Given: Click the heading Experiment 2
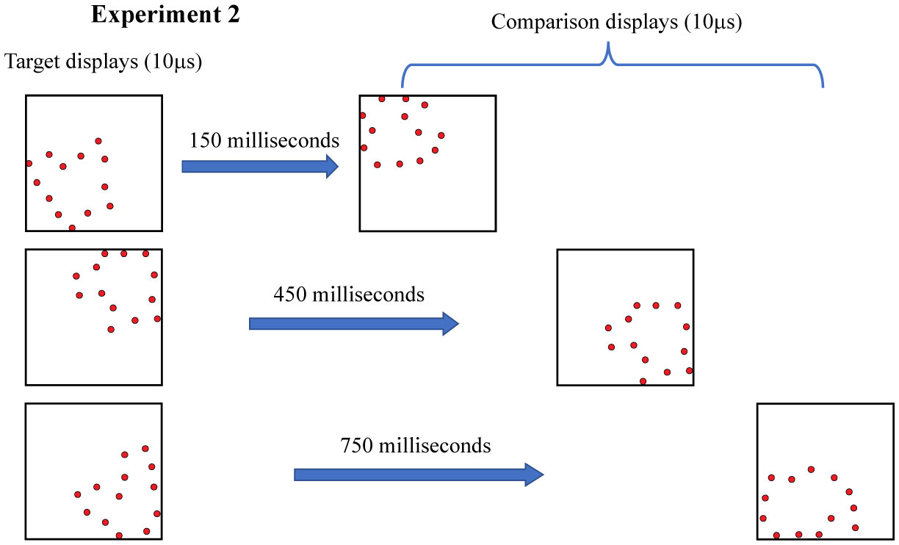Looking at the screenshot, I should click(x=165, y=16).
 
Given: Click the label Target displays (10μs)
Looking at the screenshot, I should click(x=104, y=62).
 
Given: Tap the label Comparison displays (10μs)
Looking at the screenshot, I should click(x=617, y=22).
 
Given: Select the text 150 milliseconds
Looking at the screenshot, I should click(x=264, y=140).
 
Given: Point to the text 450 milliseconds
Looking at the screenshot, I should click(x=349, y=295).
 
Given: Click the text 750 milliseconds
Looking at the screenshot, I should click(x=416, y=445).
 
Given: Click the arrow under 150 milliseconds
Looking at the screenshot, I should click(x=259, y=167).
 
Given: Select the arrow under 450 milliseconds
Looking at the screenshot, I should click(x=353, y=323).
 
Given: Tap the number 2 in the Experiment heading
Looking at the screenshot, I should click(x=231, y=16).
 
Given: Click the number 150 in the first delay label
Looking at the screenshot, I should click(x=203, y=140).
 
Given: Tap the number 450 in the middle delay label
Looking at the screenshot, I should click(x=288, y=295).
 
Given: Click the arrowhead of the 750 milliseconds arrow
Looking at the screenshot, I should click(x=534, y=474).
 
